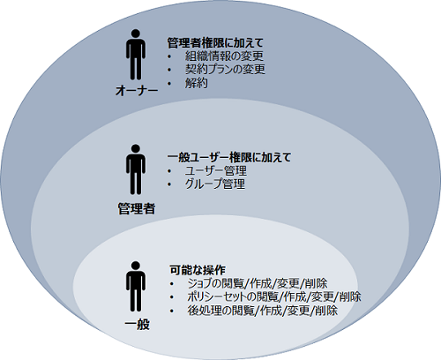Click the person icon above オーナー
click(136, 55)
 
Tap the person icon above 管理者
click(136, 169)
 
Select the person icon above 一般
click(136, 286)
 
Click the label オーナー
click(137, 91)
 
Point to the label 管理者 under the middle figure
click(137, 208)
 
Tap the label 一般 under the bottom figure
click(137, 325)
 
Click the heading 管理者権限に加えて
click(215, 43)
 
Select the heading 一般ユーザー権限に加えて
click(229, 157)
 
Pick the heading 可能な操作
click(198, 270)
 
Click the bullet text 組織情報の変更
click(224, 56)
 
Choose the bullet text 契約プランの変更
click(225, 69)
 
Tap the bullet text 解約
click(197, 83)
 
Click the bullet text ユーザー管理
click(216, 170)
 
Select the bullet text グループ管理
click(215, 184)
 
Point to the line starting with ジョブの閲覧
click(258, 283)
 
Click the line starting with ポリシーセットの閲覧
click(274, 296)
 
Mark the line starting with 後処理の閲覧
click(262, 311)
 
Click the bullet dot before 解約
click(169, 83)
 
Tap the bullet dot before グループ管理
click(169, 184)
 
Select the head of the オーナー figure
click(136, 34)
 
